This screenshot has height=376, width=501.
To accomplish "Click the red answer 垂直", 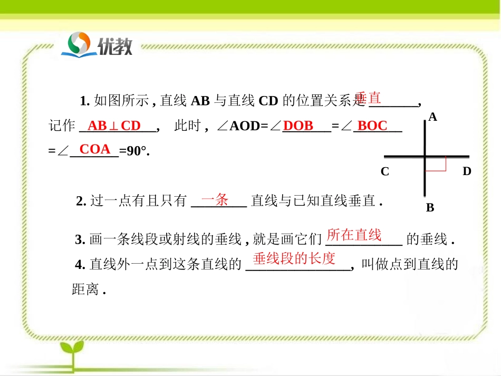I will (368, 98).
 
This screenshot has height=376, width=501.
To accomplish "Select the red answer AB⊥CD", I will (114, 126).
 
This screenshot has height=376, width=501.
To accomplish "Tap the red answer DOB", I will (298, 126).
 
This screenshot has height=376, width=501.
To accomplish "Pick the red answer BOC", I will (372, 126).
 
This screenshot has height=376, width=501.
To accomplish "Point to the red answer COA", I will (95, 149).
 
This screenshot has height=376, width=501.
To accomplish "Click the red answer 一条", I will (215, 199).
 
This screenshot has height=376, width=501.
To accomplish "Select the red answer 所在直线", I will (354, 235).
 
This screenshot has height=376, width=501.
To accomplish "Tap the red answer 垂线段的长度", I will (294, 258).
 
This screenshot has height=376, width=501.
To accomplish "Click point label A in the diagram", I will (432, 118).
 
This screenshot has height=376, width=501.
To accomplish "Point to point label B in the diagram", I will (430, 208).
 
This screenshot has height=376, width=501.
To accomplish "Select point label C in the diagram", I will (385, 171).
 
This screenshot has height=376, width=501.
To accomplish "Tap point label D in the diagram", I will (466, 171).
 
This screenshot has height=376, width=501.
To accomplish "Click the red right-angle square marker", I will (436, 163).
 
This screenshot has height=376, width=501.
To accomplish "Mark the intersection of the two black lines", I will (426, 157).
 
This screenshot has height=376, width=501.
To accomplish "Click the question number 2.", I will (81, 201).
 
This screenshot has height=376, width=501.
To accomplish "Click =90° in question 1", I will (134, 151).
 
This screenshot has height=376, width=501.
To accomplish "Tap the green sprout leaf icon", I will (72, 351).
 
